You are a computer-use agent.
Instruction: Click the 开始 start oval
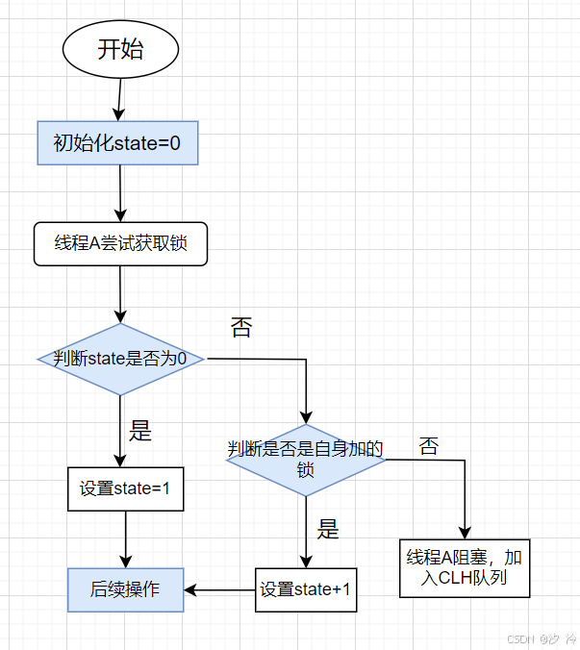point(120,49)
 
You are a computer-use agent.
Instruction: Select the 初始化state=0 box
point(117,143)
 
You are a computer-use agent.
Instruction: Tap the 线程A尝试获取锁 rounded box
point(120,244)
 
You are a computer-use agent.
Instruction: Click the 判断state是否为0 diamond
point(121,359)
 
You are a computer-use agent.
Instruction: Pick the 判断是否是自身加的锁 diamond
point(306,460)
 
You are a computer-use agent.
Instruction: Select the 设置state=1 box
point(125,488)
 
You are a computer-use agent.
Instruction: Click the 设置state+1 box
point(306,589)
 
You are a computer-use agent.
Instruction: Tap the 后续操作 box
point(125,589)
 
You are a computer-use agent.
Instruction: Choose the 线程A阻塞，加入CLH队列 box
point(464,568)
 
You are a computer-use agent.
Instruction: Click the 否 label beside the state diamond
point(240,328)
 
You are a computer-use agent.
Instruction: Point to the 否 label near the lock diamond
point(428,446)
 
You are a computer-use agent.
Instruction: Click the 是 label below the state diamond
point(140,431)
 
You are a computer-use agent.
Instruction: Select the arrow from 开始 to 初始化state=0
point(119,99)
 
